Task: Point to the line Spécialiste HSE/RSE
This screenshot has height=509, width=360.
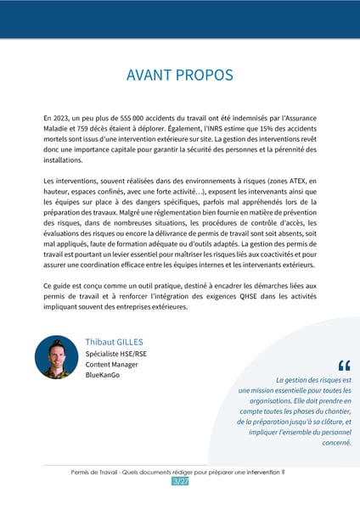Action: [116, 354]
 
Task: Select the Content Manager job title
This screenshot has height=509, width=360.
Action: [111, 365]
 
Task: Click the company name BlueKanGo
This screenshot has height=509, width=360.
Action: [102, 376]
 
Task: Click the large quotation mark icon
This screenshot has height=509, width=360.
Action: [343, 366]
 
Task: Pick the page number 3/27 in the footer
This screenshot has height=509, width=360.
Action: [180, 481]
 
